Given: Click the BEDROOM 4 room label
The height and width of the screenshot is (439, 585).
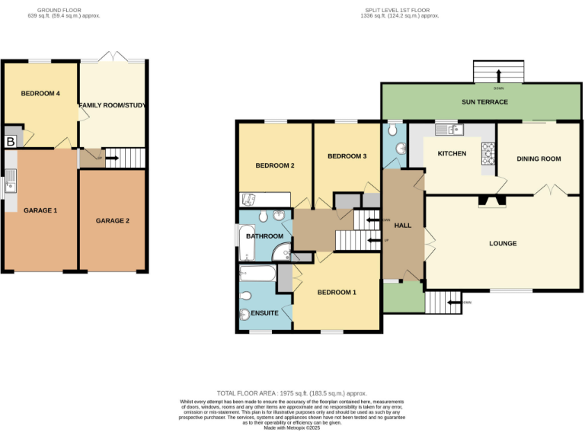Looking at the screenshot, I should tap(40, 94).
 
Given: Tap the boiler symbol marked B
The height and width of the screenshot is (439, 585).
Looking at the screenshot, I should tap(11, 142).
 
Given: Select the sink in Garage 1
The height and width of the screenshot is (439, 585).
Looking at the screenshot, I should tap(11, 181).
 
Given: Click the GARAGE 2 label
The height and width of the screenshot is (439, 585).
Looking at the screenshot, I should tap(113, 221).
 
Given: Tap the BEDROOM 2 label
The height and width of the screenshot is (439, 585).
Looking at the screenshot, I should tap(275, 165).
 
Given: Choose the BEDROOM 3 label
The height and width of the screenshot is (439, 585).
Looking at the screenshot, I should tap(347, 156).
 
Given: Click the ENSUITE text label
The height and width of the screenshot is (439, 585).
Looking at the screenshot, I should tap(264, 313).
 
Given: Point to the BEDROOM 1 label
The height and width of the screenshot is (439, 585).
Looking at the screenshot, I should tap(337, 293).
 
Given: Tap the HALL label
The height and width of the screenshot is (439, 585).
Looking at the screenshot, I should tap(403, 226).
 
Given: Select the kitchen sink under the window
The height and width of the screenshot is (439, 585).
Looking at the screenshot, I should tap(449, 130).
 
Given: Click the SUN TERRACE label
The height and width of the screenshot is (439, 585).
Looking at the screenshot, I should tap(484, 102).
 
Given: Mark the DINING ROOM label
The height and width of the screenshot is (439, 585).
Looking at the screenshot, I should tap(539, 159).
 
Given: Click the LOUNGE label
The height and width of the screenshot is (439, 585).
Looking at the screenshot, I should tap(503, 244).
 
